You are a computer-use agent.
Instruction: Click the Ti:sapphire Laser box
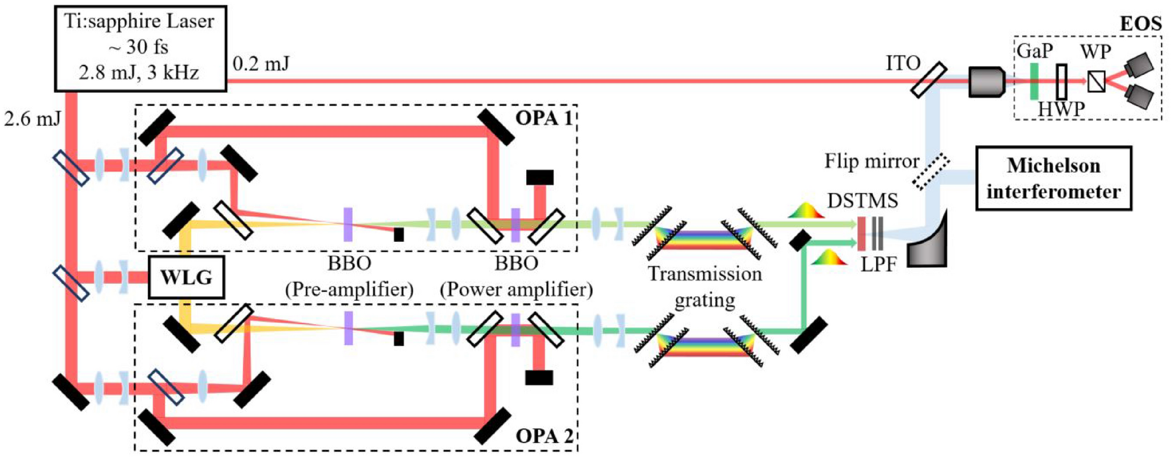coord(140,48)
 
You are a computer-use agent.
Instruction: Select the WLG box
coord(186,277)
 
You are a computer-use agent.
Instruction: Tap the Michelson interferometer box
coord(1053,178)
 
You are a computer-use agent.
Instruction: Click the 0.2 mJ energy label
coord(260,64)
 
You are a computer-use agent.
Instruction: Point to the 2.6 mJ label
coord(32,120)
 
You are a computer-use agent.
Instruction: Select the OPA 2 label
coord(544,436)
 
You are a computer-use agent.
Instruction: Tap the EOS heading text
coord(1140,24)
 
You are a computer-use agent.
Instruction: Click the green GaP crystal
coord(1035,81)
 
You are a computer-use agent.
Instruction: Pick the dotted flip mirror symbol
coord(931,172)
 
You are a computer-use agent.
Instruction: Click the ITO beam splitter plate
coord(928,80)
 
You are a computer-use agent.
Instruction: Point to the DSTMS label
coord(863,201)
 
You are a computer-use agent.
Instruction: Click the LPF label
coord(878,265)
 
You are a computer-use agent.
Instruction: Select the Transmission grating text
coord(705,286)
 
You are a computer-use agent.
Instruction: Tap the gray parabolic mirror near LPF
coord(926,240)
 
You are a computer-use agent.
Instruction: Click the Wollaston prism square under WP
coord(1096,82)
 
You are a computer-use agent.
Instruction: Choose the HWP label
coord(1061,109)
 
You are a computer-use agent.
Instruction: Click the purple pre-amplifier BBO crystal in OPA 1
coord(348,224)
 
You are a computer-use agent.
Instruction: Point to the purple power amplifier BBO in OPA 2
coord(515,330)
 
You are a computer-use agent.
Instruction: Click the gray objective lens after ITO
coord(986,81)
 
